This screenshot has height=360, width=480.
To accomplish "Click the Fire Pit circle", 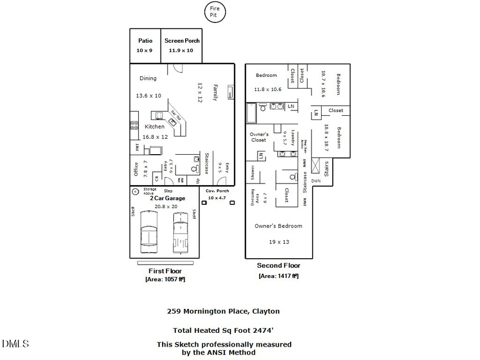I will tap(217, 12).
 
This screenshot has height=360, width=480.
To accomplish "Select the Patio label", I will tap(145, 41).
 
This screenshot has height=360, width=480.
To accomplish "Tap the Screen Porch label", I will tap(182, 41).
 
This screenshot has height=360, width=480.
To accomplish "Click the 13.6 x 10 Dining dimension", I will tap(148, 96).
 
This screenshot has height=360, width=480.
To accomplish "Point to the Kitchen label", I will tap(155, 127).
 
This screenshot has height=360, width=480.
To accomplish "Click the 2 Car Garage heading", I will tap(167, 198).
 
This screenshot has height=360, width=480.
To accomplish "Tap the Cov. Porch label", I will tap(217, 191).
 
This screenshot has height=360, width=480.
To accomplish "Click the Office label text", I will tap(136, 169).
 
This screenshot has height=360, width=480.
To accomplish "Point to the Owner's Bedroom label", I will tap(278, 226).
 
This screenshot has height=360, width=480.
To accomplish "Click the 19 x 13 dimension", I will tap(279, 242).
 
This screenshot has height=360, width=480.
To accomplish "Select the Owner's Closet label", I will tap(259, 137).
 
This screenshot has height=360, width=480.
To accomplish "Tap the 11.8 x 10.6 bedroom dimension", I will tap(267, 89).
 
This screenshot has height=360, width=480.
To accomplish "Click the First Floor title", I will tap(165, 271).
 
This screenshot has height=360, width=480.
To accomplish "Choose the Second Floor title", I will tap(278, 266).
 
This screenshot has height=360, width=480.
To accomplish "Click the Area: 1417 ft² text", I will tap(278, 276).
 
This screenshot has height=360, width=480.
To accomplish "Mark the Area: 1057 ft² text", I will tap(165, 279).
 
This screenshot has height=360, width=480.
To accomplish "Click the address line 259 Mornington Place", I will tap(223, 311).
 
